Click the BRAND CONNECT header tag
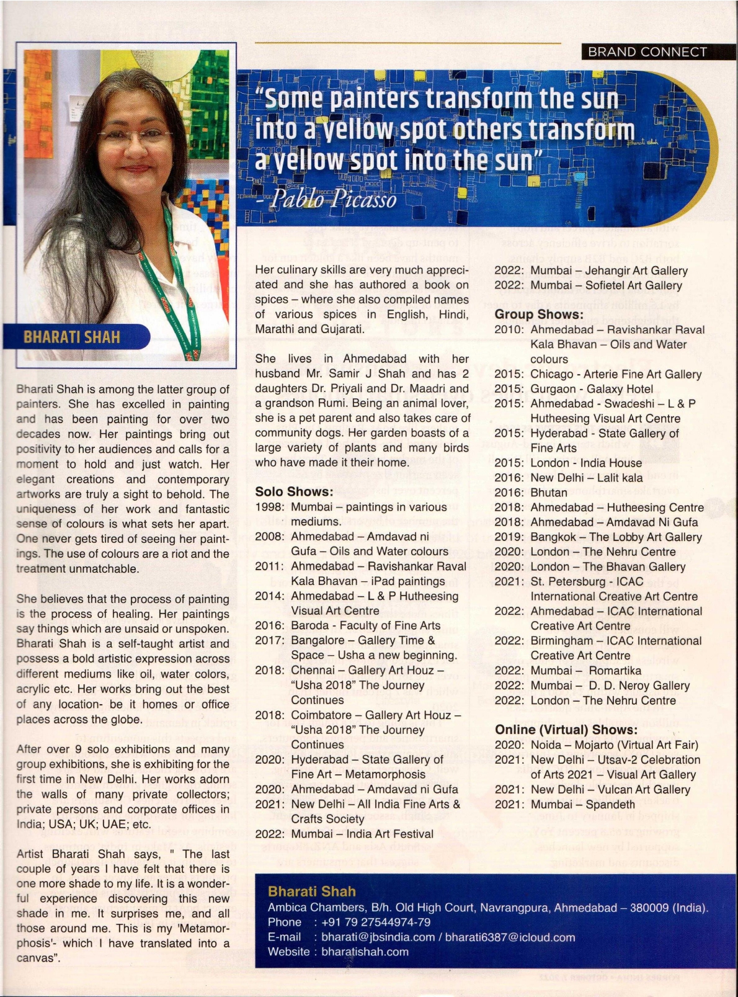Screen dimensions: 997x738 pos(647,52)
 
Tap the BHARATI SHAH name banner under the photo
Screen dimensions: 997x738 pos(72,337)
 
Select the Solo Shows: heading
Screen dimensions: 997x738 pos(294,491)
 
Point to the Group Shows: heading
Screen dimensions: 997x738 pos(538,315)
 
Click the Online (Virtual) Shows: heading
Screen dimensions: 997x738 pos(566,730)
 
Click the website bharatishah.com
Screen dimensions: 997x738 pos(365,952)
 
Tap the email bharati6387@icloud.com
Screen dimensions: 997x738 pos(510,937)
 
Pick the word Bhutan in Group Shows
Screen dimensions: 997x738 pos(549,493)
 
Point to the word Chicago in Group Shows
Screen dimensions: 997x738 pos(552,374)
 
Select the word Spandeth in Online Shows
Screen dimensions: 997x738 pos(610,804)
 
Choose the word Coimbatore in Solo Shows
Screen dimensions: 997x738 pos(322,715)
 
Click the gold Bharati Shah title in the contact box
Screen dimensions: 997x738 pos(311,892)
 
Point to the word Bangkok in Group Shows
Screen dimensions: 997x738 pos(552,537)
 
